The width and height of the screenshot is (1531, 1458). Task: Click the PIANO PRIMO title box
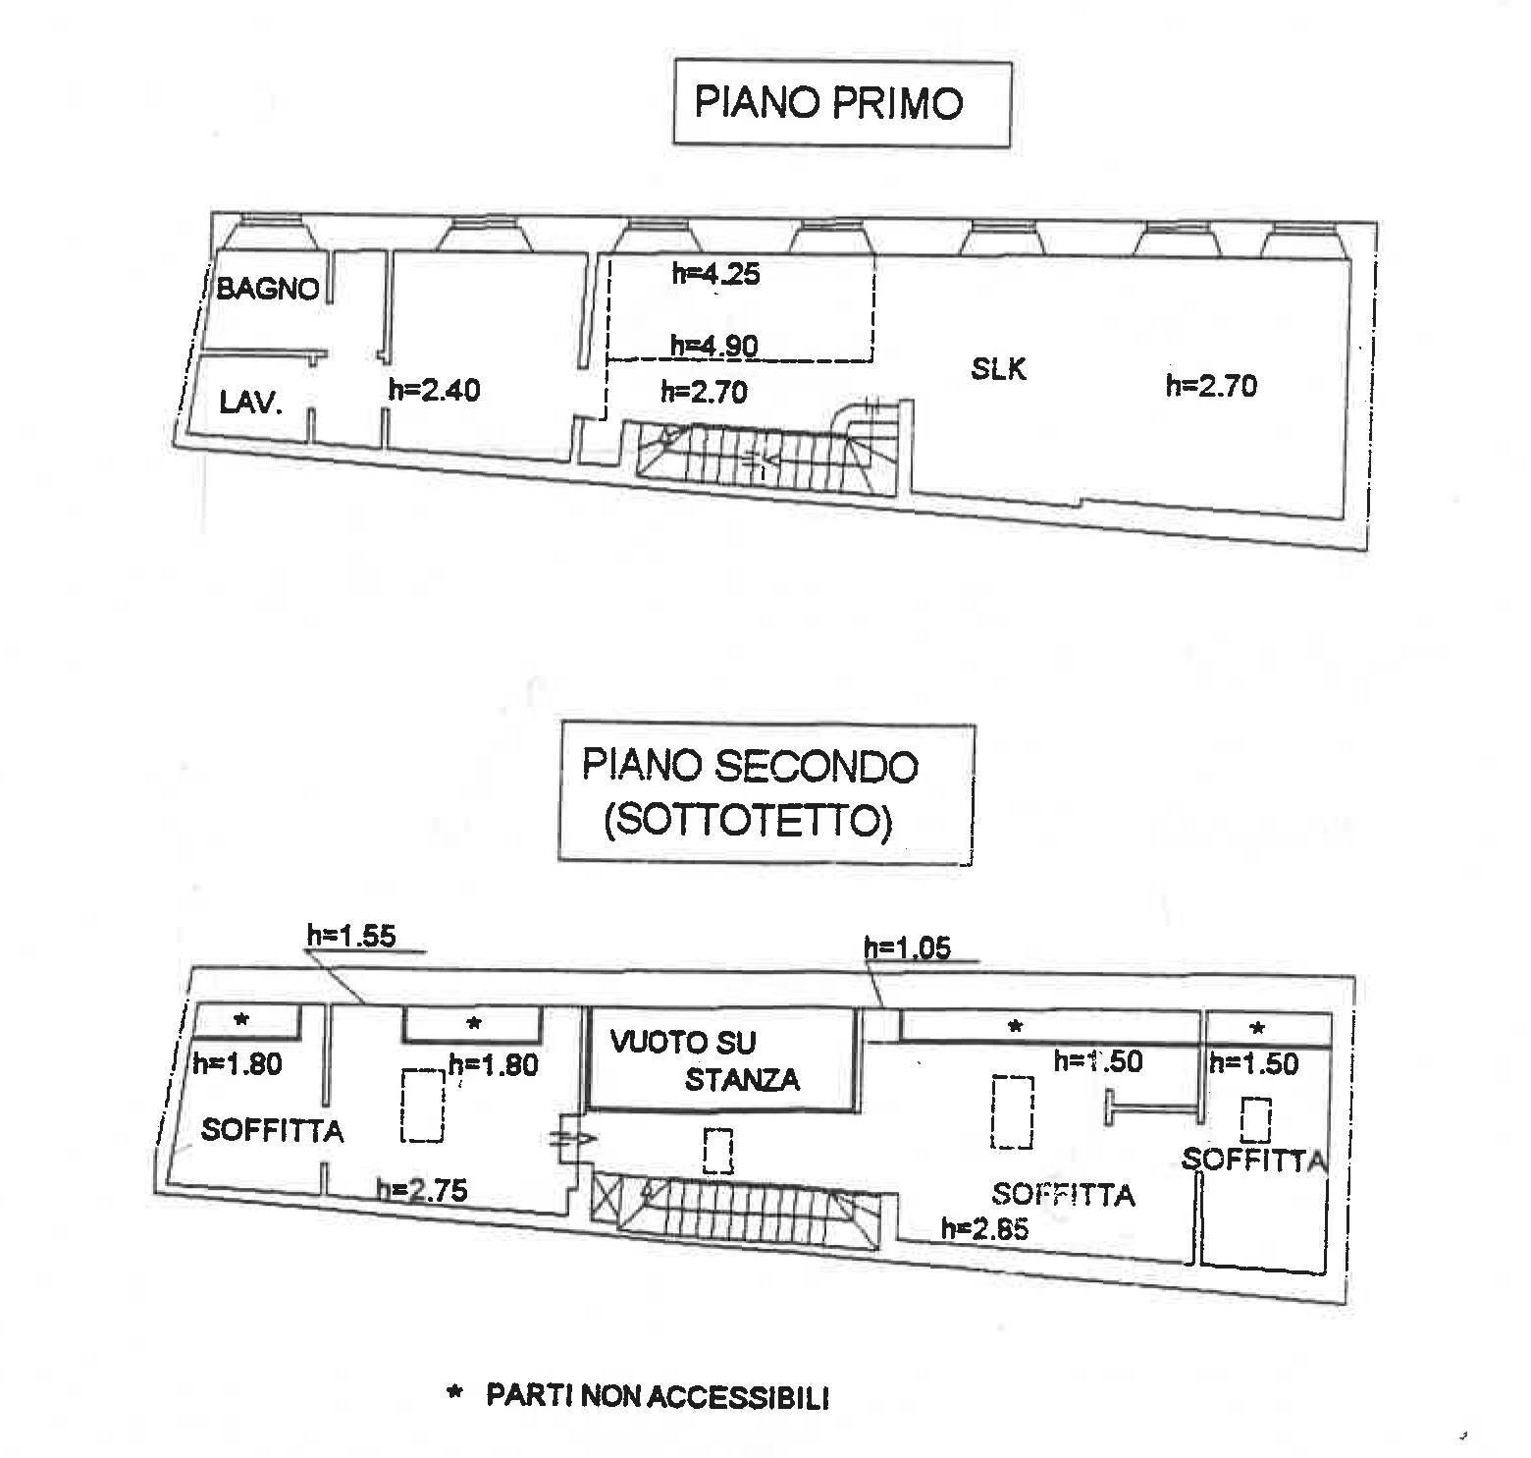[841, 103]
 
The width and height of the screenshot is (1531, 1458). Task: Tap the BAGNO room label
[267, 289]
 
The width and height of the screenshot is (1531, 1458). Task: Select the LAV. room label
[250, 402]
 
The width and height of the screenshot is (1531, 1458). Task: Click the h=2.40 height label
[434, 390]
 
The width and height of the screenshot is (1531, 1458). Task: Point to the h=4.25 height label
[715, 273]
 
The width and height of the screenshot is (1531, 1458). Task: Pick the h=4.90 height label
[713, 345]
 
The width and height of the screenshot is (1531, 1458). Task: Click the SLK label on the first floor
[998, 369]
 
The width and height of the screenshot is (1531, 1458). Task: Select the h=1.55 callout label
[351, 936]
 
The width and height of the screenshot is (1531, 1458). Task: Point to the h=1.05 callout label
[907, 947]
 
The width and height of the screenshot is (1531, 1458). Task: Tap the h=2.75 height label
[422, 1190]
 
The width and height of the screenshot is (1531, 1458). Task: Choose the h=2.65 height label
[984, 1228]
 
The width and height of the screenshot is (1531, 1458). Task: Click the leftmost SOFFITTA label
[272, 1131]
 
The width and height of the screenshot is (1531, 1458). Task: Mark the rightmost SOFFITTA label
[1253, 1160]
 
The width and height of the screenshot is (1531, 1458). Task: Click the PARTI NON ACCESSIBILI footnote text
[657, 1396]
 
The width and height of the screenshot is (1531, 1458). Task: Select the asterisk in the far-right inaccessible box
[1257, 1028]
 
